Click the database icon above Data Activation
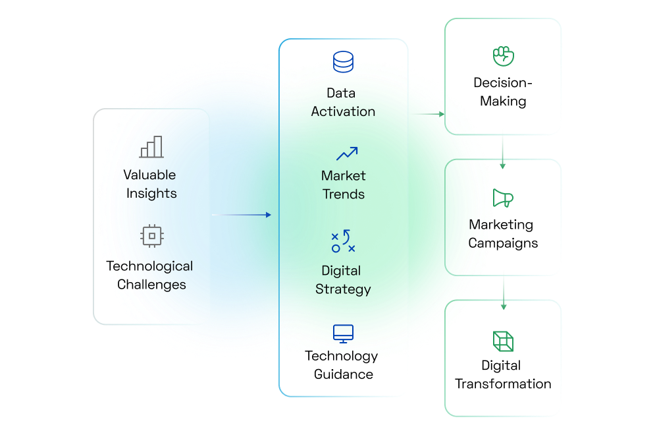(x=343, y=62)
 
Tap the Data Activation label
(x=343, y=102)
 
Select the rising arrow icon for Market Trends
(x=347, y=154)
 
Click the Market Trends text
(x=343, y=185)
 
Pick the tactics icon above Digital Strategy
(x=343, y=242)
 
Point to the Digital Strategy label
(x=343, y=280)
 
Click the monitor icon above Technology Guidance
(x=343, y=333)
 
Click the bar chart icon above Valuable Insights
(x=151, y=147)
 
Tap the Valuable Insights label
(x=151, y=184)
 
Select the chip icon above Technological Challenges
(x=152, y=235)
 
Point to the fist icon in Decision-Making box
(x=503, y=55)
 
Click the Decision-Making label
(x=503, y=92)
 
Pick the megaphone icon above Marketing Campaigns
(x=503, y=198)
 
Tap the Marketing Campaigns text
(x=503, y=234)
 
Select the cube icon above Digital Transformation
(x=503, y=341)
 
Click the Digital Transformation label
(x=503, y=374)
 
